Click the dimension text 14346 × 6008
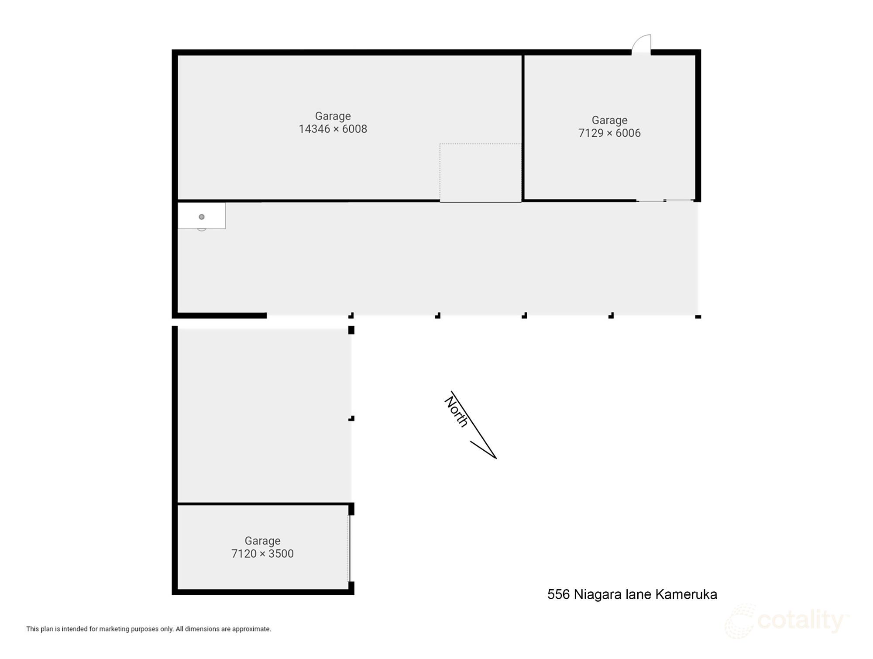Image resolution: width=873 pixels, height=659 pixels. (x=333, y=129)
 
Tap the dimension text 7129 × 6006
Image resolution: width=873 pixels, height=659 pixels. (x=609, y=133)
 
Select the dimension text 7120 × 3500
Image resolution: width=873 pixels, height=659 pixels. (x=262, y=554)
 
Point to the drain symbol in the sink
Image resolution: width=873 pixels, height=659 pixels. (x=202, y=217)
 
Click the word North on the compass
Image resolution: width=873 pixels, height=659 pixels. (x=457, y=411)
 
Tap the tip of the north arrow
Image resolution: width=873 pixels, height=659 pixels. (x=496, y=458)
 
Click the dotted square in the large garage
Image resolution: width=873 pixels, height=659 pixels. (x=480, y=173)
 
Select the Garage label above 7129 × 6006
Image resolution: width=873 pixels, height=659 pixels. (x=609, y=120)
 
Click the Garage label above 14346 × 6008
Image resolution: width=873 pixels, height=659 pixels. (x=333, y=116)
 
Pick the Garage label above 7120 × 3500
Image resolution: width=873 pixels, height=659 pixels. (x=262, y=541)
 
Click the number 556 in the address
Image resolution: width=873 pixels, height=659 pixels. (x=558, y=594)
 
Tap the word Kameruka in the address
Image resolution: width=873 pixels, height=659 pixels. (x=686, y=594)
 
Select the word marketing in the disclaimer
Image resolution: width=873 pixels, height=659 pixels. (x=114, y=629)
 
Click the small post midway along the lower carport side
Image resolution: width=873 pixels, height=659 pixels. (x=351, y=418)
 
